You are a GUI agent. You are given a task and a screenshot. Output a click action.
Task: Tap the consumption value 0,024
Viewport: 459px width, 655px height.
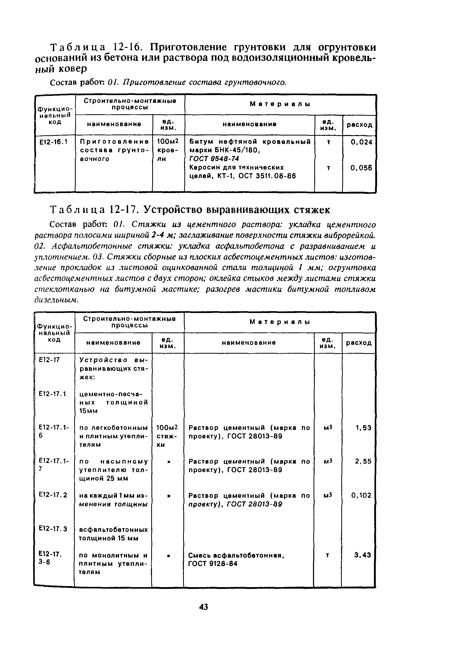pos(361,142)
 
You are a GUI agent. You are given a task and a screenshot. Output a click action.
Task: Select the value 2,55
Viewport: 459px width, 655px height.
pos(363,461)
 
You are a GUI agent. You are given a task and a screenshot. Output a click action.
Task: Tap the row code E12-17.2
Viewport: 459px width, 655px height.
pos(53,495)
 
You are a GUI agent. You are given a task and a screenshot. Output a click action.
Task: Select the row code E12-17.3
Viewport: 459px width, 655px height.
pos(53,529)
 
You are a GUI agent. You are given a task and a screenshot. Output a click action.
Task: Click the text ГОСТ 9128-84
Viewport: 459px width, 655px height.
pos(213,564)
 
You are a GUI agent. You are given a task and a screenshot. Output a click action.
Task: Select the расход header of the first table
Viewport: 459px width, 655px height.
pos(359,125)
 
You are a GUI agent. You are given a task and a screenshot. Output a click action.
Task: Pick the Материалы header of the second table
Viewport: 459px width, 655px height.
pos(280,322)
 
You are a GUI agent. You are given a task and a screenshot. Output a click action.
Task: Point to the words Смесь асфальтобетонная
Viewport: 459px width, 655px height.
pos(236,555)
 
